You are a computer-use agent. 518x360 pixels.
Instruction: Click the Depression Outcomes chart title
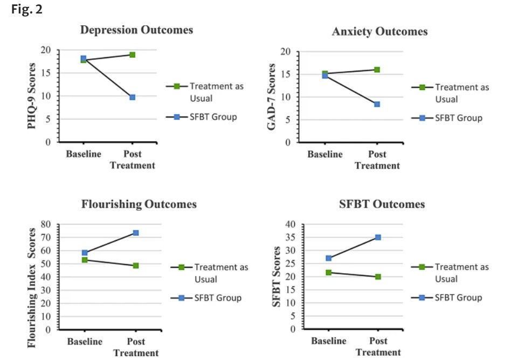tap(136, 30)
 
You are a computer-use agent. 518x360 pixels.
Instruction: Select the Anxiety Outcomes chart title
tap(380, 31)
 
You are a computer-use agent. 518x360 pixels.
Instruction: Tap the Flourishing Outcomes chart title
tap(139, 204)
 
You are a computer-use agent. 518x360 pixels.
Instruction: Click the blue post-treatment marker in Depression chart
tap(132, 97)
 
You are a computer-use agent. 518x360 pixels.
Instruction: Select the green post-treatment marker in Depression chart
tap(132, 54)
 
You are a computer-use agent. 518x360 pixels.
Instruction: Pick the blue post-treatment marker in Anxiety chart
tap(377, 104)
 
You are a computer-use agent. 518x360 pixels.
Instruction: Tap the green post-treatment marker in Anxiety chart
tap(377, 70)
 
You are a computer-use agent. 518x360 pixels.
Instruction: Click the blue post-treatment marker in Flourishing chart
tap(136, 233)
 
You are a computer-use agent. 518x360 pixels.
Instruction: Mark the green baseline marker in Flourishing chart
tap(85, 260)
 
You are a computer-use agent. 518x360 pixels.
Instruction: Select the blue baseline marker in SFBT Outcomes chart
tap(329, 258)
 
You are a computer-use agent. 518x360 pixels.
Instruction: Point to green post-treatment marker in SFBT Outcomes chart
tap(378, 276)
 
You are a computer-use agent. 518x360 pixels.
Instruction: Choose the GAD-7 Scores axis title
tap(273, 97)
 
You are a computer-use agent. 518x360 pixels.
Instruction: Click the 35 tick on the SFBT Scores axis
tap(291, 237)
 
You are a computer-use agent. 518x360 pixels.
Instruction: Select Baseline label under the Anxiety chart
tap(325, 155)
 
